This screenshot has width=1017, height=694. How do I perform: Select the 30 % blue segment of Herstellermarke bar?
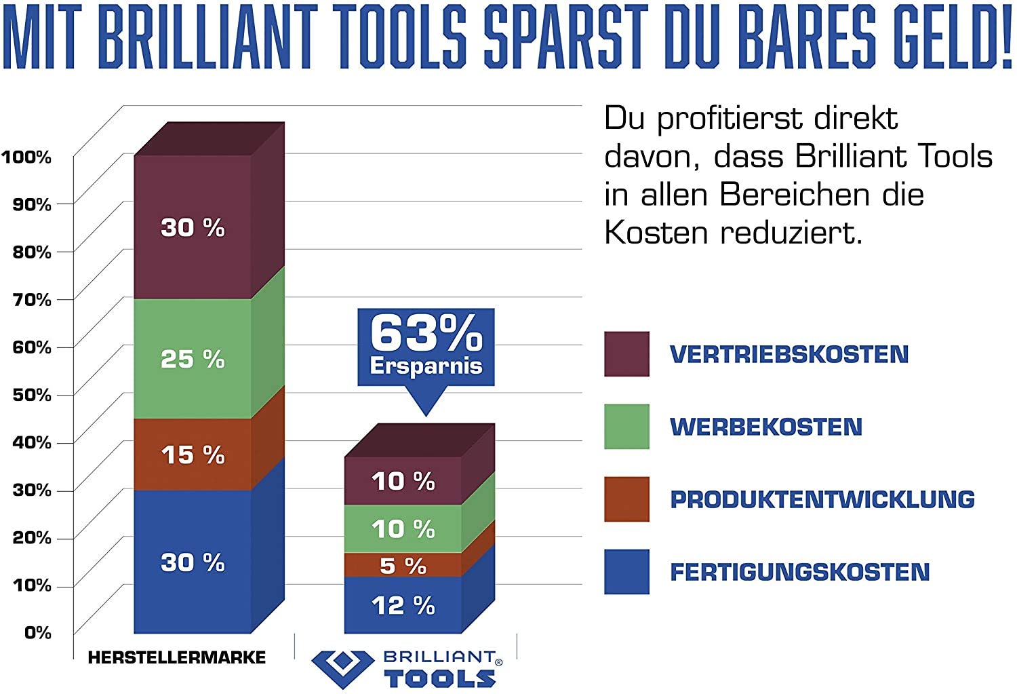tap(193, 562)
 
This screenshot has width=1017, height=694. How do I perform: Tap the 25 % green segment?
tap(193, 359)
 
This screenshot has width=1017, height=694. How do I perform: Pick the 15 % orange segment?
tap(193, 455)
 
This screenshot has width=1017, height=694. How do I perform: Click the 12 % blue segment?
tap(403, 605)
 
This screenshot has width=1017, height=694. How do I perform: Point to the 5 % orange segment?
tap(403, 565)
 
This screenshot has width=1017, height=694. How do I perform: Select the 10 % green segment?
tap(403, 528)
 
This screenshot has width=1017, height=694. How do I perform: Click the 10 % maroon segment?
tap(403, 481)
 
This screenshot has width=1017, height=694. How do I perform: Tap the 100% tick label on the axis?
tap(26, 157)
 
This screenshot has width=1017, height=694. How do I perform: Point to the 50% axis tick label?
tap(32, 395)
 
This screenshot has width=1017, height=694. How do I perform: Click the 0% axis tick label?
tap(38, 633)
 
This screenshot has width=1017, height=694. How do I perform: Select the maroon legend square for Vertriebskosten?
tap(626, 354)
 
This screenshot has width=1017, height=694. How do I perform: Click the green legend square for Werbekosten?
tap(626, 427)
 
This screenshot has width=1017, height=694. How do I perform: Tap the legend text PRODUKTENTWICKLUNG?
tap(822, 500)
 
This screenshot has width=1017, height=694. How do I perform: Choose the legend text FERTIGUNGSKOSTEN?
tap(799, 572)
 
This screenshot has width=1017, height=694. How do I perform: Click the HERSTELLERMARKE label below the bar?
tap(177, 657)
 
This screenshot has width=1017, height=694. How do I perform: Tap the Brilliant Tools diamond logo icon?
tap(342, 668)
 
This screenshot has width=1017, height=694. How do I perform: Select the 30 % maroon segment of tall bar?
tap(193, 227)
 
